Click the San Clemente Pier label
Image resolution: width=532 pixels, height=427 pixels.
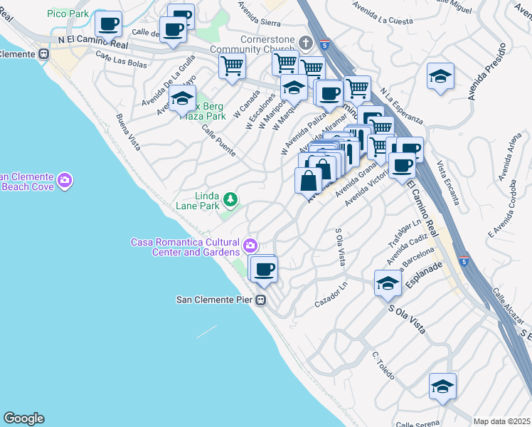(214, 300)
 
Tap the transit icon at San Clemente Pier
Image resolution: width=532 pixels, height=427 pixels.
(262, 300)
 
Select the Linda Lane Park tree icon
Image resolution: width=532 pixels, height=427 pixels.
(230, 199)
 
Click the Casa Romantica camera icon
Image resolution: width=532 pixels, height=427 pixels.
(250, 246)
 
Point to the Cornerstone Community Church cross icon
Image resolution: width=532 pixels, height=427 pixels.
(305, 43)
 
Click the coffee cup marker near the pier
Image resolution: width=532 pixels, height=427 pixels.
(265, 270)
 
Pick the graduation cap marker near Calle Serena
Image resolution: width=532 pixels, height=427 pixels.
(442, 386)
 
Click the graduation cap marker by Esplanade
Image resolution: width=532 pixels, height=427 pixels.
(388, 284)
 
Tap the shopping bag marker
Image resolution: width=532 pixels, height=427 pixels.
(309, 180)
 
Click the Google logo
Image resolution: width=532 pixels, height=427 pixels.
(23, 418)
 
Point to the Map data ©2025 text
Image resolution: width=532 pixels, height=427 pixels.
(501, 421)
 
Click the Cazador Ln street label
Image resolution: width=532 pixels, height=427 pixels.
(331, 295)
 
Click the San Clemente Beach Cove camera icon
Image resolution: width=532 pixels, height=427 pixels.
(65, 181)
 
